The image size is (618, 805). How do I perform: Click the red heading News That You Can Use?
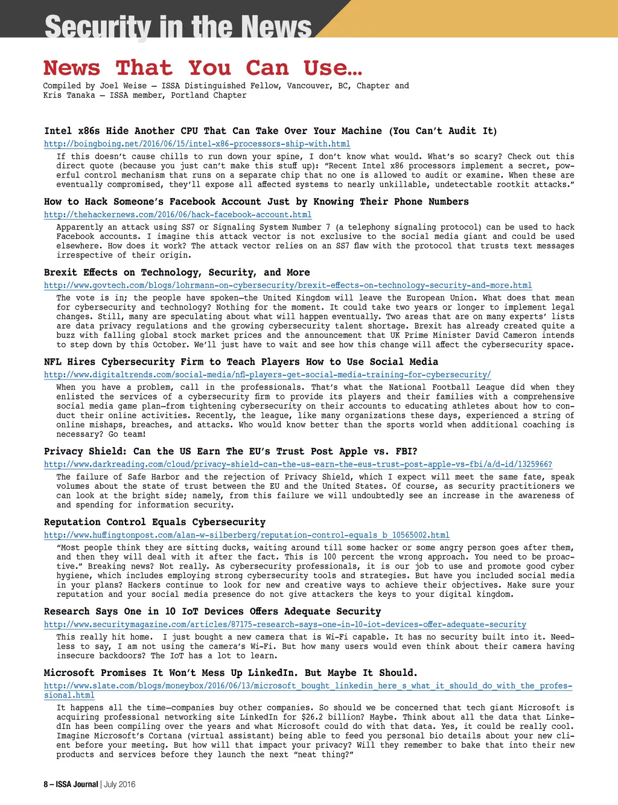click(x=203, y=68)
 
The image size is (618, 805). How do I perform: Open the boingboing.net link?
click(x=197, y=144)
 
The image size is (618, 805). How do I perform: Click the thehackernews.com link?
click(x=177, y=215)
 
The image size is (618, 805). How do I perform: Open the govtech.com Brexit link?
click(x=288, y=285)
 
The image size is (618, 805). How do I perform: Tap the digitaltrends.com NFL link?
click(x=267, y=375)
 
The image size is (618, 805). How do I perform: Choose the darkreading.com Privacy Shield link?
click(x=298, y=465)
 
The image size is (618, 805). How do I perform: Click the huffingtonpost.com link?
click(x=246, y=535)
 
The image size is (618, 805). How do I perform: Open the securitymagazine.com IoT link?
click(x=285, y=625)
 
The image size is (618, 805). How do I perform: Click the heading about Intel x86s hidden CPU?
click(x=270, y=131)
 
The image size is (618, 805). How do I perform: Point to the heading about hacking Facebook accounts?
click(x=256, y=202)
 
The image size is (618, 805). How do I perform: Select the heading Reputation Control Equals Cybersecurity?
click(x=154, y=522)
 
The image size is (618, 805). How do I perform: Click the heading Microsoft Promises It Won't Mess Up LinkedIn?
click(x=231, y=673)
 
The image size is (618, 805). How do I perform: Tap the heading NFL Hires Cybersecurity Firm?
click(x=241, y=361)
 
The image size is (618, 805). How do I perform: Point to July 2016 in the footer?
click(x=119, y=784)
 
